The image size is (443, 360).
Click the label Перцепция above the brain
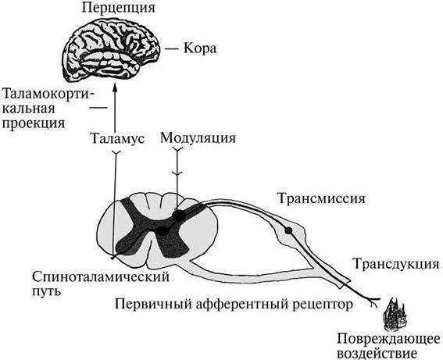(119, 8)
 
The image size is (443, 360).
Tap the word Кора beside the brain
(200, 48)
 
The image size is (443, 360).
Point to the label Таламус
(117, 138)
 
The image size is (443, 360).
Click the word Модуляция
(198, 138)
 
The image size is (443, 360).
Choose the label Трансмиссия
(321, 198)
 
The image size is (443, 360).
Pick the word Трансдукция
(396, 265)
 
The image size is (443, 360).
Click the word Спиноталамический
(101, 276)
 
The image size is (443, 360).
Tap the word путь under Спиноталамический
(46, 290)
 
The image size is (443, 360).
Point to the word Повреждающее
(389, 339)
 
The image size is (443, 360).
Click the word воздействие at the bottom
(377, 354)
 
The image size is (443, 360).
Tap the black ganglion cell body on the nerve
(288, 230)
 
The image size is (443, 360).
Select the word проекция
(34, 123)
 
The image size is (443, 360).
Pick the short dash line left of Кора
(172, 49)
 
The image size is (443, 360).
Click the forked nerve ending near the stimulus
(375, 301)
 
